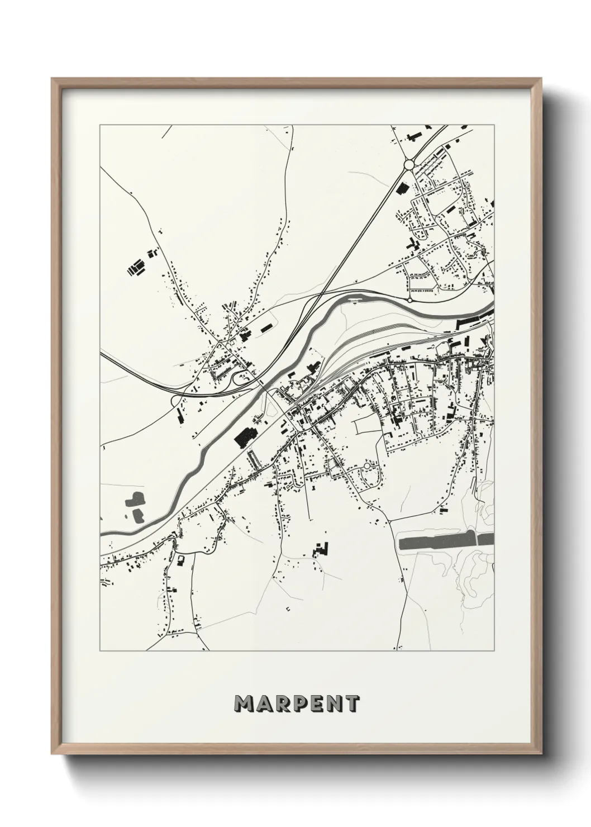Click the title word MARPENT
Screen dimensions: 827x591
pos(297,704)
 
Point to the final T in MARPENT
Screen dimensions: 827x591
pos(352,704)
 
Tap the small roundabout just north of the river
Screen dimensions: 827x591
pos(409,300)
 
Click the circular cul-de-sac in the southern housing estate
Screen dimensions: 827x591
pos(367,465)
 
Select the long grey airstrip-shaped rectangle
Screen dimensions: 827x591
pos(446,541)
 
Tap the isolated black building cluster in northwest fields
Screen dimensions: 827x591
pos(135,269)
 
